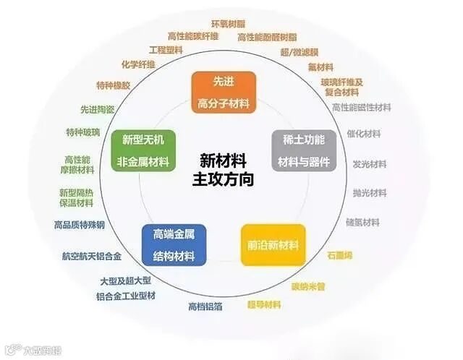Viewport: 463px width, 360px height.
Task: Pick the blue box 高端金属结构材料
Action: [174, 244]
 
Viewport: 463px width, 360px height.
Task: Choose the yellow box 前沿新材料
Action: [273, 245]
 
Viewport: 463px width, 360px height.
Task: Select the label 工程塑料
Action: [166, 51]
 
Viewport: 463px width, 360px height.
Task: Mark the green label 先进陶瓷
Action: [97, 110]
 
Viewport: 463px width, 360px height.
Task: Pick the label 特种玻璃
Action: [84, 133]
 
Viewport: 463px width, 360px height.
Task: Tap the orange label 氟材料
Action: [319, 67]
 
